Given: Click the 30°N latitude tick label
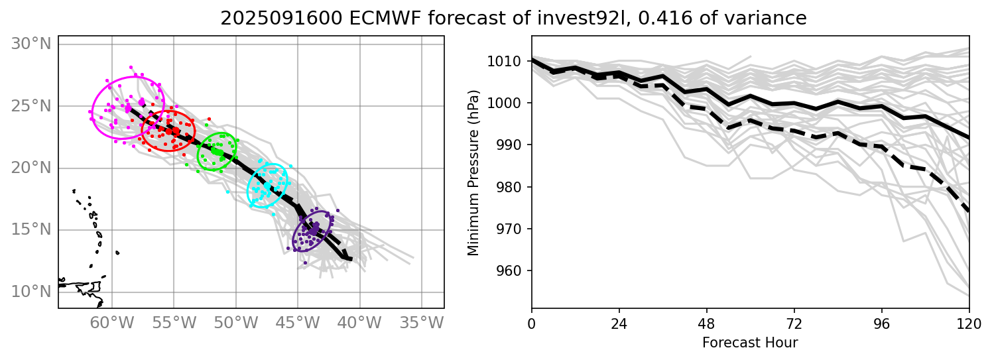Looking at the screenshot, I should tap(32, 44).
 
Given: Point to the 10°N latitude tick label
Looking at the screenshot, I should tap(32, 292).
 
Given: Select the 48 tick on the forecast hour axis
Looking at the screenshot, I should tap(706, 324).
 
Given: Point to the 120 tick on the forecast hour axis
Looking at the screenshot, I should tap(969, 324).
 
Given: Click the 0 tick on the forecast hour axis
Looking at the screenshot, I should tap(532, 324).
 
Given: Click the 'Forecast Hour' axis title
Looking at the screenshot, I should tap(750, 343).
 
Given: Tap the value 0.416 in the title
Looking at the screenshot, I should tap(658, 19).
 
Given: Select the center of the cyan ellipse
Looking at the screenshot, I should tap(268, 186).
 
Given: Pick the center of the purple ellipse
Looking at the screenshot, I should tap(312, 231).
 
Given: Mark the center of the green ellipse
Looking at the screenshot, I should tap(217, 151).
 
